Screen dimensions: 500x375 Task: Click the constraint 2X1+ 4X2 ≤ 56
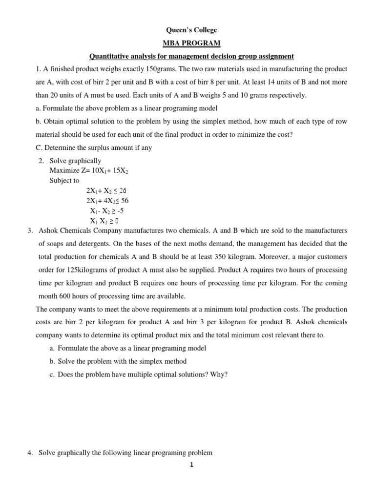pos(107,200)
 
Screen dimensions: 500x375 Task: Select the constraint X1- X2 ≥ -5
pos(104,210)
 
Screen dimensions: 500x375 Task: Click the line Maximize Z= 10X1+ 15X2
pos(89,170)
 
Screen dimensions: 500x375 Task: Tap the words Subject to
pos(64,180)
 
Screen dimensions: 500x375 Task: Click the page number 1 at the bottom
pos(192,465)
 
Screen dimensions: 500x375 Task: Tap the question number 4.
pos(29,453)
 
